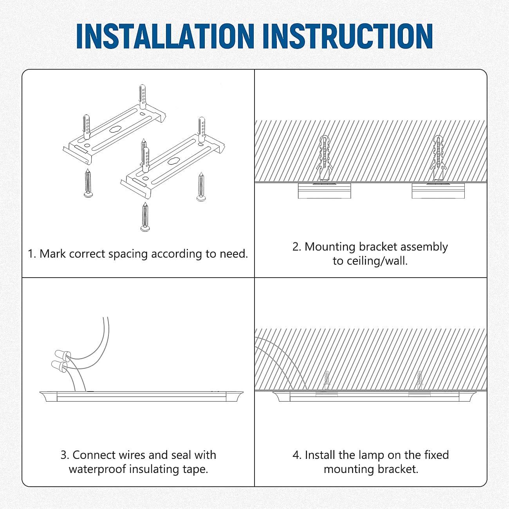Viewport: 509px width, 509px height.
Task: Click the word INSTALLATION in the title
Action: point(165,36)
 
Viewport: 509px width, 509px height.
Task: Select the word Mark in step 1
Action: point(52,254)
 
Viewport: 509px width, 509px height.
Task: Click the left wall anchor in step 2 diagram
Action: point(324,157)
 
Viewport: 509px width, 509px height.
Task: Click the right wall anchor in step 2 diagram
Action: point(438,157)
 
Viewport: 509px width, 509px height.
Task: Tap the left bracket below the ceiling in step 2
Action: point(324,191)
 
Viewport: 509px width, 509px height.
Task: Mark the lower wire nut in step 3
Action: point(59,366)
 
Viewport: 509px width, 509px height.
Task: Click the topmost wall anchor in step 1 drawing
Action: point(143,96)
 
